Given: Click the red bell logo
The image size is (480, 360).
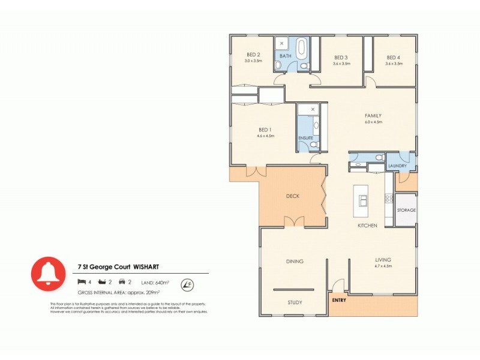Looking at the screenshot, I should pos(48,273).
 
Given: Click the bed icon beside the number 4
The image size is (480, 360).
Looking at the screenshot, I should pos(81,281).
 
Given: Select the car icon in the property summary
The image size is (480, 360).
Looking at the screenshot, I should pos(122,281).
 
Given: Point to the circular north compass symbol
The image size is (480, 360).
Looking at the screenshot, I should pos(188,282).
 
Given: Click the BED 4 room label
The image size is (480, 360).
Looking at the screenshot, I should pos(394,57).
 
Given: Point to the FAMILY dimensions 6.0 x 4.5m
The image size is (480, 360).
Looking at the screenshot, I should pos(374,122).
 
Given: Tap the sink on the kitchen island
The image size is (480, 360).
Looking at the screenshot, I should pos(363,200).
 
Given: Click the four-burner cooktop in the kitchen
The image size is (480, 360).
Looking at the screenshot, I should pos(389,198).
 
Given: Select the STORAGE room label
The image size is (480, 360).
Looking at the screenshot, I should pos(406,210).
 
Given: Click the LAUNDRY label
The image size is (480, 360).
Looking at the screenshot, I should pos(397,166).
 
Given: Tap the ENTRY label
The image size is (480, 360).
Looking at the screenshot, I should pos(339,299).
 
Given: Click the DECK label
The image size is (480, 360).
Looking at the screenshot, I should pos(292,196).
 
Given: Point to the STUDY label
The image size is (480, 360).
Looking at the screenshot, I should pos(295,302).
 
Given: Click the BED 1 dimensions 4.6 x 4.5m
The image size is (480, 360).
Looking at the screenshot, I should pos(265,136).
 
